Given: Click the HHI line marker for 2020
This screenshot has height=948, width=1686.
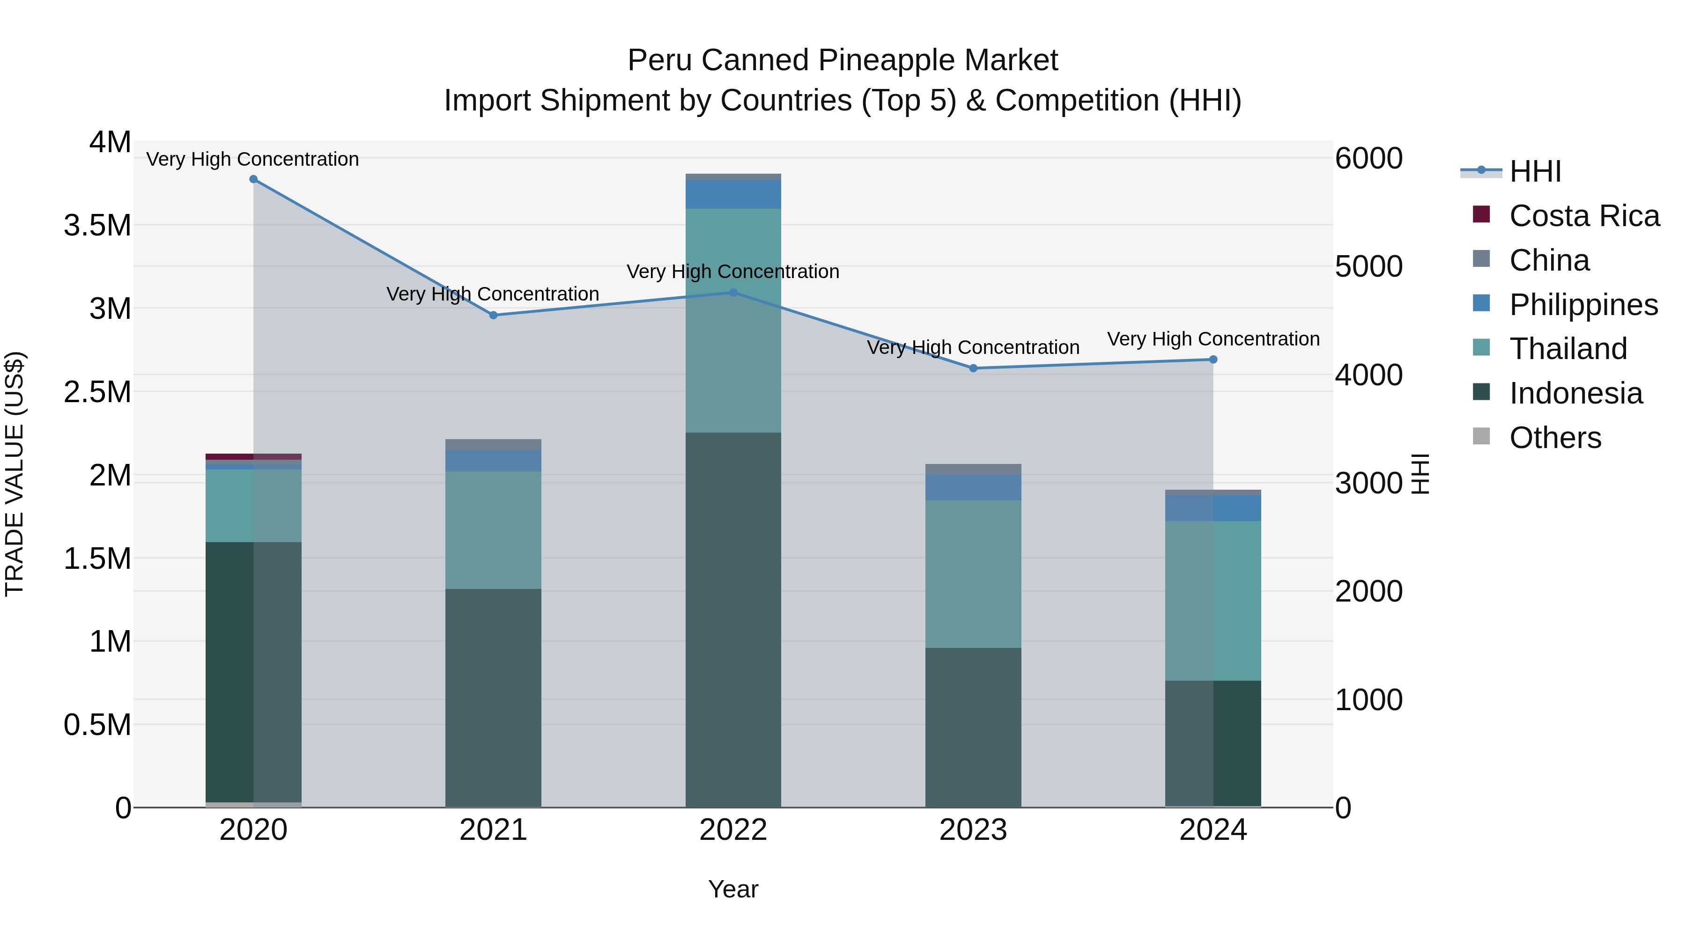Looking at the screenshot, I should point(253,179).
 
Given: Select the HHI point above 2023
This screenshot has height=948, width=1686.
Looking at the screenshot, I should point(973,368).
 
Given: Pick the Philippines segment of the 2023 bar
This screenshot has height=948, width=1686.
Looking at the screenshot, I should point(973,487).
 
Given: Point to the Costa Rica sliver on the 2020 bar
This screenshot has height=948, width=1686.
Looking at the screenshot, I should point(253,456).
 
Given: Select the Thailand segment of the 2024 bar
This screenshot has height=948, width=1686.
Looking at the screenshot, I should point(1213,601).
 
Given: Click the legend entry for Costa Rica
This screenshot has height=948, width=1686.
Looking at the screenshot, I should point(1584,216).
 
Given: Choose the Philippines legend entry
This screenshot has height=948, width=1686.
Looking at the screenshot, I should point(1583,305).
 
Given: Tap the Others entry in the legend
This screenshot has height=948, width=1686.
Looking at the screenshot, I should point(1555,438).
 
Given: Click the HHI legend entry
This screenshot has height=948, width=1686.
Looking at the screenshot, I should point(1535,171).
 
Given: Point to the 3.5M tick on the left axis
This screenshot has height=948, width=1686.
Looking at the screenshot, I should point(97,226).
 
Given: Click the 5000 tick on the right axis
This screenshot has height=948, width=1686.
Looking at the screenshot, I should point(1368,266).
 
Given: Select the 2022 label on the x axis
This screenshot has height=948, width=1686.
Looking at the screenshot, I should point(733,830).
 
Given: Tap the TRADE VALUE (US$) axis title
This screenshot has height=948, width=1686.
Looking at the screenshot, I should point(15,474).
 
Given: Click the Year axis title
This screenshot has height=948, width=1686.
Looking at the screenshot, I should point(733,889).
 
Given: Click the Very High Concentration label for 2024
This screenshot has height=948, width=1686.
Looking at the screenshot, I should point(1213,339).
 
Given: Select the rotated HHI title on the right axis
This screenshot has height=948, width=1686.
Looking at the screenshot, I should point(1420,474).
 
